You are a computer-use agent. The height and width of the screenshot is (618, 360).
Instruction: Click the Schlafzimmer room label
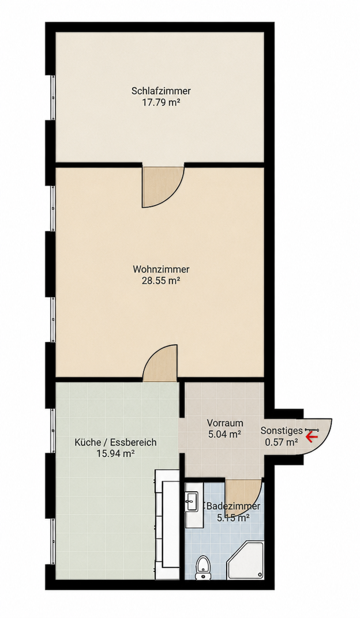pyautogui.click(x=161, y=91)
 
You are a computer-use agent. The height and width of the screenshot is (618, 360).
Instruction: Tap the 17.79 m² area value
pyautogui.click(x=161, y=103)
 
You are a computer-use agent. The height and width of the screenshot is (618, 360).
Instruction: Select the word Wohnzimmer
pyautogui.click(x=161, y=270)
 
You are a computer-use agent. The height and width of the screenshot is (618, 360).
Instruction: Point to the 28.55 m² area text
pyautogui.click(x=161, y=281)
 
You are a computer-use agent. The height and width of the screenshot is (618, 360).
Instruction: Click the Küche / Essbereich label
pyautogui.click(x=115, y=442)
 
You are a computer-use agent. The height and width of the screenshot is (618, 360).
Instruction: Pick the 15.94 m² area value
pyautogui.click(x=115, y=454)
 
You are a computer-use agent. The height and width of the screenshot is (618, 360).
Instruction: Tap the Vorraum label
pyautogui.click(x=225, y=423)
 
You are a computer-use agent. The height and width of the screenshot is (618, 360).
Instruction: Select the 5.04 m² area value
pyautogui.click(x=225, y=435)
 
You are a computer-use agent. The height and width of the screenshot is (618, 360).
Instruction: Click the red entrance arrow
pyautogui.click(x=312, y=436)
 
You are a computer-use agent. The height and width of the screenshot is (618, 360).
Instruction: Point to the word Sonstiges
pyautogui.click(x=282, y=431)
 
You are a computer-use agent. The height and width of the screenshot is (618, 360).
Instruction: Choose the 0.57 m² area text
pyautogui.click(x=281, y=442)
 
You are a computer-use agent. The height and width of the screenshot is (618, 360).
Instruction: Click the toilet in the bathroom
pyautogui.click(x=203, y=567)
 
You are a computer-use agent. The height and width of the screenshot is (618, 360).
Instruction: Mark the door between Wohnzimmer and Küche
pyautogui.click(x=160, y=363)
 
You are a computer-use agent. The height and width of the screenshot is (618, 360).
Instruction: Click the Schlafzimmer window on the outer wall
pyautogui.click(x=52, y=97)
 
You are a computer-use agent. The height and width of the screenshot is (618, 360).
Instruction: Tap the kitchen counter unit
pyautogui.click(x=167, y=524)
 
